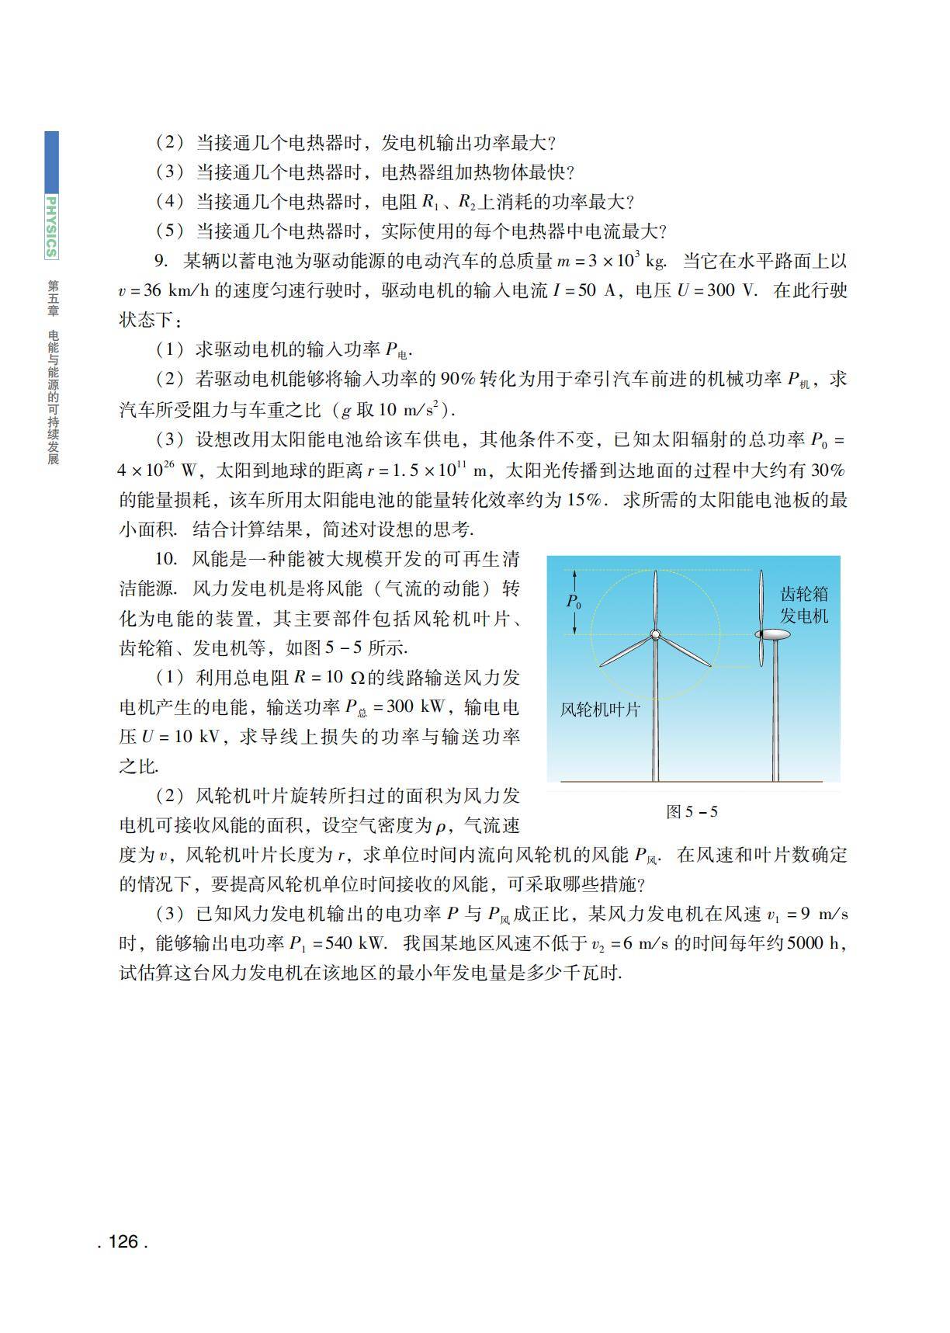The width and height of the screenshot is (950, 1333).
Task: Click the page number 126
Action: pyautogui.click(x=123, y=1241)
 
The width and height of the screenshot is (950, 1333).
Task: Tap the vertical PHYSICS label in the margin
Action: pyautogui.click(x=51, y=226)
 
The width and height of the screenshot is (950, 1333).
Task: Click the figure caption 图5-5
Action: pyautogui.click(x=692, y=812)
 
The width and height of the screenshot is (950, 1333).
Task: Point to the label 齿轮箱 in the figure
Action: pyautogui.click(x=803, y=595)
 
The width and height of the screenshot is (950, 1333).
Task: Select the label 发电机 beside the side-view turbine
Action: pyautogui.click(x=803, y=616)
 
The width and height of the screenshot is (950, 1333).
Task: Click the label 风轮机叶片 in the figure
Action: pyautogui.click(x=600, y=709)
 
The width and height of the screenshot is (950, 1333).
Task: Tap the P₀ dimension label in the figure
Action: pyautogui.click(x=574, y=602)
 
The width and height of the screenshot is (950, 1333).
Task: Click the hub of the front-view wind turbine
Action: pyautogui.click(x=655, y=635)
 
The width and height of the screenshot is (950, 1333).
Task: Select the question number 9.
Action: pyautogui.click(x=161, y=261)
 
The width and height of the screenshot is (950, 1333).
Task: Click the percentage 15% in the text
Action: pyautogui.click(x=588, y=500)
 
